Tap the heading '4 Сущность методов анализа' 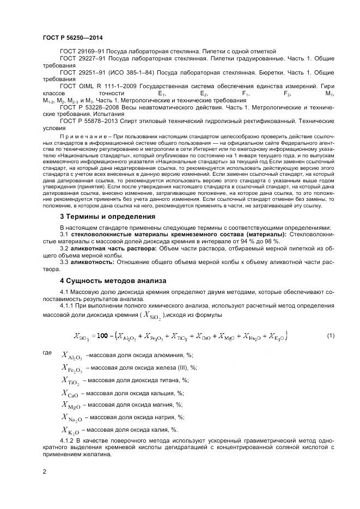point(113,280)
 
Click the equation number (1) point(331,335)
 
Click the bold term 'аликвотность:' point(92,262)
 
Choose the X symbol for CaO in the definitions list point(71,393)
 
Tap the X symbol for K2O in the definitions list point(71,430)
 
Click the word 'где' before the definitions point(47,353)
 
